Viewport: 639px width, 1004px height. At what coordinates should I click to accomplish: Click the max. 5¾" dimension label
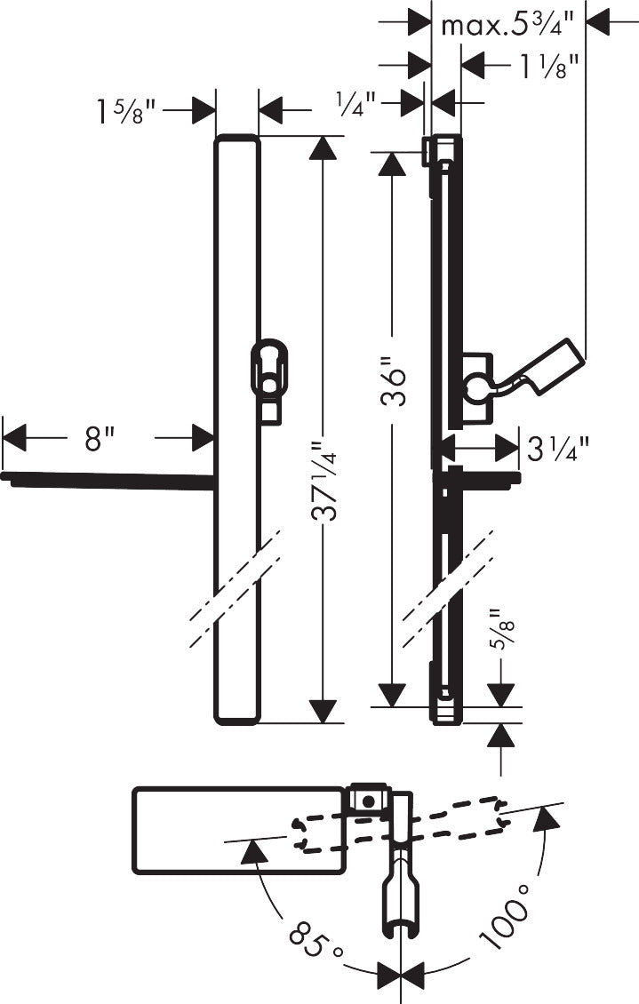(507, 24)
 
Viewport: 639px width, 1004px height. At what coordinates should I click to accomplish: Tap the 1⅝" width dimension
(126, 110)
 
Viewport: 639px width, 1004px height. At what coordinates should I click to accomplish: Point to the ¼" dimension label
(356, 103)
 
